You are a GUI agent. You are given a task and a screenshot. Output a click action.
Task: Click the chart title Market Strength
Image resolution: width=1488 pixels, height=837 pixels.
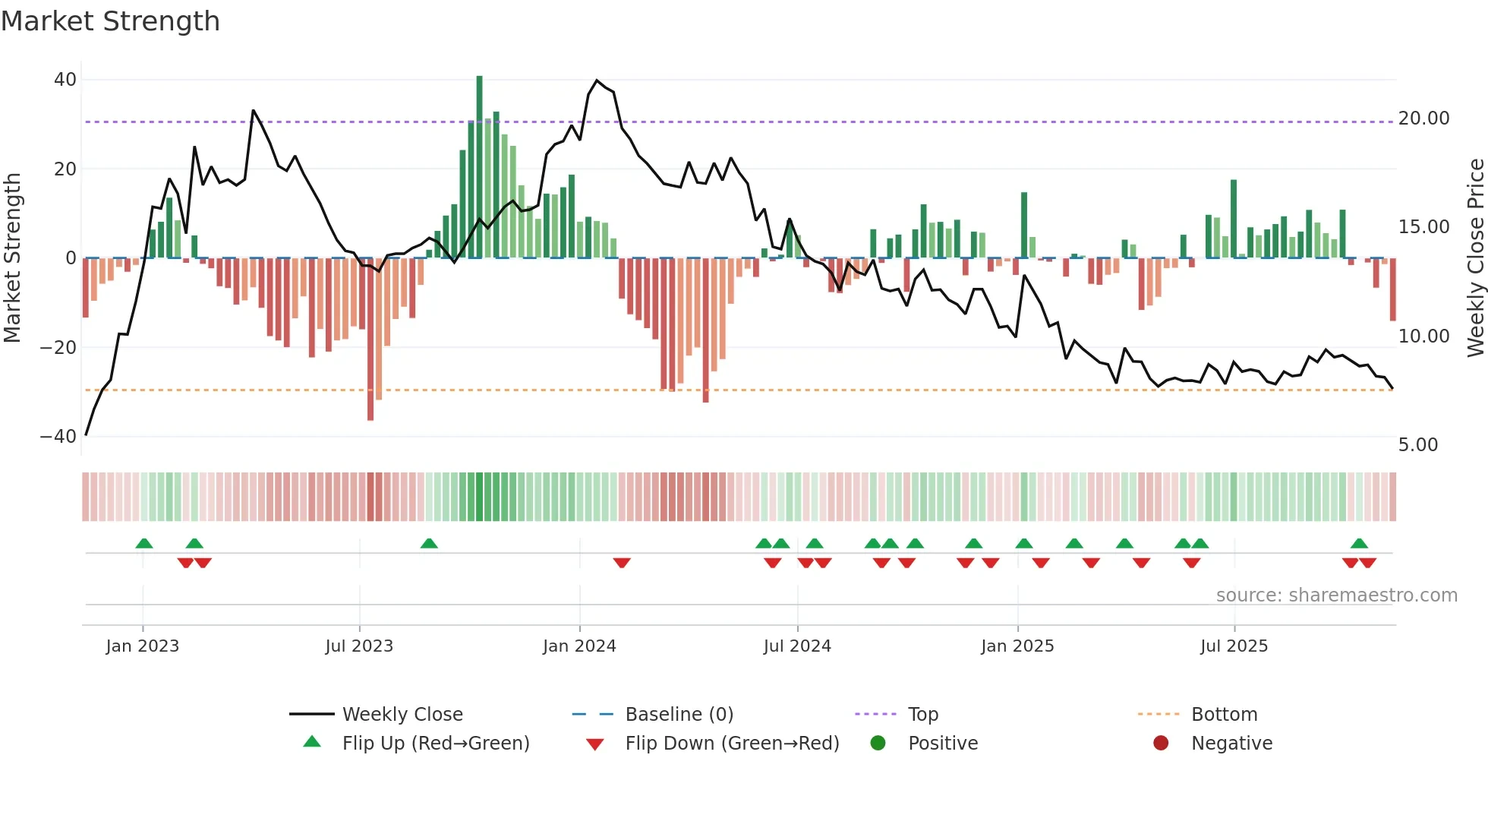pyautogui.click(x=111, y=21)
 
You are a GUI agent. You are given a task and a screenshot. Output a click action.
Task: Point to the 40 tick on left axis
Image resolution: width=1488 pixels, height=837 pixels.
pyautogui.click(x=65, y=80)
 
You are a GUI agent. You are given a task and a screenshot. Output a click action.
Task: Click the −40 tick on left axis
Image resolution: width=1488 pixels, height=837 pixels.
pyautogui.click(x=59, y=437)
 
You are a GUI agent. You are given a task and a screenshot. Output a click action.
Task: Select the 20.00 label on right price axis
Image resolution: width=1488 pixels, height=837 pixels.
pyautogui.click(x=1423, y=118)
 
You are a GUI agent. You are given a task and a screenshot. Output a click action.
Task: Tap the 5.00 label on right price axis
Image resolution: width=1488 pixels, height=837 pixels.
pyautogui.click(x=1417, y=445)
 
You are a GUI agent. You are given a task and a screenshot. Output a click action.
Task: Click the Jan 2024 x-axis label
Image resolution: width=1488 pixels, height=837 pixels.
pyautogui.click(x=579, y=646)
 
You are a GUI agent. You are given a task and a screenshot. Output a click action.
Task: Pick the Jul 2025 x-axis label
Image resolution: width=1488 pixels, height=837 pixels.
pyautogui.click(x=1234, y=646)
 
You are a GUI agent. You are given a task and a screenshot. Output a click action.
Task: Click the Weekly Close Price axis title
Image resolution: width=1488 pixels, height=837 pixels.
pyautogui.click(x=1475, y=258)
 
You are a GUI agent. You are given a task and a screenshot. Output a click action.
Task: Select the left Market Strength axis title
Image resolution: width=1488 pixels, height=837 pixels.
pyautogui.click(x=13, y=258)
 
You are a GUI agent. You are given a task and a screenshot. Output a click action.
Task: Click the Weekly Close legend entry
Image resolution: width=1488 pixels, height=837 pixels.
pyautogui.click(x=402, y=715)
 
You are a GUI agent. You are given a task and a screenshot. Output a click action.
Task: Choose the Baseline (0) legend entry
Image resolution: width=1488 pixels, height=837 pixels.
pyautogui.click(x=679, y=715)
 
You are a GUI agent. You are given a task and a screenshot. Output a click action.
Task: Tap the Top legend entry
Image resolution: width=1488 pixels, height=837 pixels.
pyautogui.click(x=922, y=715)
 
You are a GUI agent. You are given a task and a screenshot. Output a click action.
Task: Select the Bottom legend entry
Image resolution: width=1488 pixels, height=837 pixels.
pyautogui.click(x=1224, y=715)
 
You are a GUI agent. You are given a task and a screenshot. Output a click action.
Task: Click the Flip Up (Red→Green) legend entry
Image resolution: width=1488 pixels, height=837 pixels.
pyautogui.click(x=435, y=744)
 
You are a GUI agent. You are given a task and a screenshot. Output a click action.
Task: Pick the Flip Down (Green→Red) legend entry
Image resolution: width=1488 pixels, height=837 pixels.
pyautogui.click(x=732, y=744)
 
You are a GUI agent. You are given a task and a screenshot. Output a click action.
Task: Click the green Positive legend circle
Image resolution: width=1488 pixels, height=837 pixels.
pyautogui.click(x=878, y=744)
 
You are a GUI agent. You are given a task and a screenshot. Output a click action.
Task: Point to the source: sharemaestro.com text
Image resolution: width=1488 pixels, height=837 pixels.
pyautogui.click(x=1336, y=595)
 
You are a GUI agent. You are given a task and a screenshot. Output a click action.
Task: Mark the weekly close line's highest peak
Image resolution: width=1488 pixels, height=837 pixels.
pyautogui.click(x=597, y=81)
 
